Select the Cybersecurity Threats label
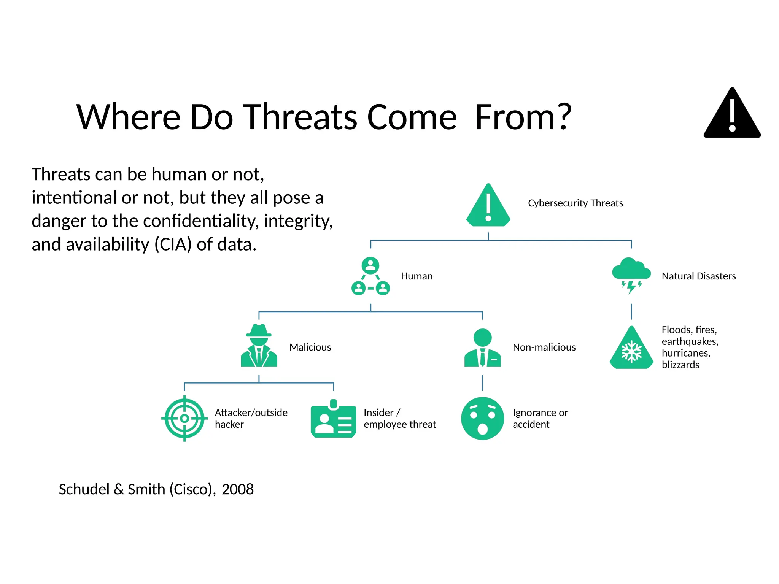575,203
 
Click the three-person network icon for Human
370,276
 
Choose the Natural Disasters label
698,276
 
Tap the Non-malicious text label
544,347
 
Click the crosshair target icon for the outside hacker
184,418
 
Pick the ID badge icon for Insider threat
333,419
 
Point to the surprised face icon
482,418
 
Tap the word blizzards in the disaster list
680,365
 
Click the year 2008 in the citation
237,489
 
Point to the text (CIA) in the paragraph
173,244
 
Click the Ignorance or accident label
540,418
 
